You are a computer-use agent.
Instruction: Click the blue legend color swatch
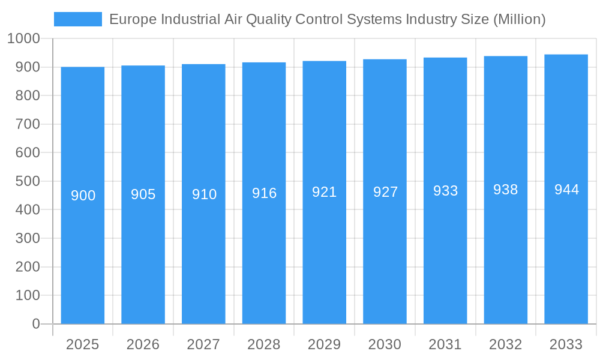coord(78,19)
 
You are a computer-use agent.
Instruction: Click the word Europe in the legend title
coord(128,19)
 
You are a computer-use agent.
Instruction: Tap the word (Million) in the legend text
coord(519,19)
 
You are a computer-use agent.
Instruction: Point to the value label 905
coord(143,194)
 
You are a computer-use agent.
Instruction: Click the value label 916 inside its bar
coord(264,193)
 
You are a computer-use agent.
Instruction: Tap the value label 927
coord(385,192)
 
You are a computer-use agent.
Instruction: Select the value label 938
coord(506,190)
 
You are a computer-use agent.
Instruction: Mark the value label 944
coord(566,190)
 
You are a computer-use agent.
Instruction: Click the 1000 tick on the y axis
coord(24,38)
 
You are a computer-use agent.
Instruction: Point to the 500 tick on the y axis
coord(28,181)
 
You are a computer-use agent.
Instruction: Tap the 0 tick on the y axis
coord(36,324)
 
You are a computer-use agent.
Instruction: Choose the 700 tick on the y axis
coord(28,124)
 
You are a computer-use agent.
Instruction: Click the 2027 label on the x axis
coord(203,344)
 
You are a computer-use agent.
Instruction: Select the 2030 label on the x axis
coord(385,344)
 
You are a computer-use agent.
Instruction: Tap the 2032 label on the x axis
coord(506,344)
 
